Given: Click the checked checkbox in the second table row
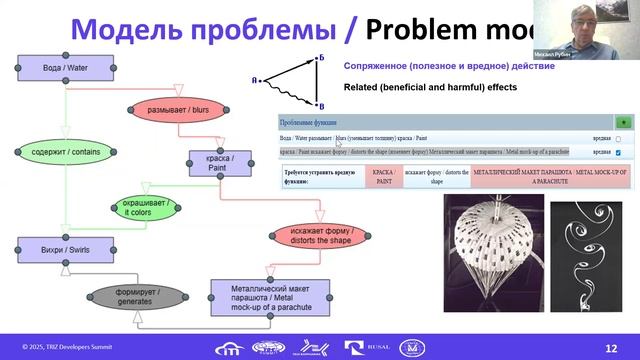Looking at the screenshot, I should click(618, 153).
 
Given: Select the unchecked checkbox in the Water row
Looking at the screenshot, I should click(618, 139).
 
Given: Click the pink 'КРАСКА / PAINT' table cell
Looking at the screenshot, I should click(382, 178).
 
